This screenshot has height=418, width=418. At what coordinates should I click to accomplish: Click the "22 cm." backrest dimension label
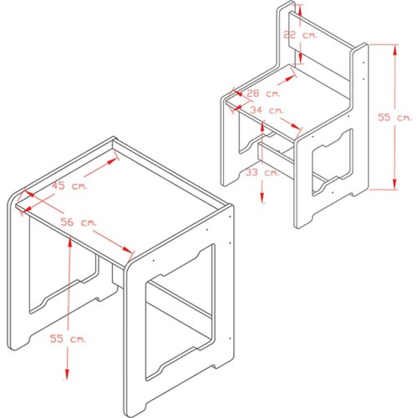pyautogui.click(x=300, y=35)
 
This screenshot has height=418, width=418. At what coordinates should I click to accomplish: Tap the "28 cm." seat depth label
pyautogui.click(x=263, y=93)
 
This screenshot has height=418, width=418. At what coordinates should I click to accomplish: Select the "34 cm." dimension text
pyautogui.click(x=267, y=110)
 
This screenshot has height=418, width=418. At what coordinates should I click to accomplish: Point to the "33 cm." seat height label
pyautogui.click(x=262, y=172)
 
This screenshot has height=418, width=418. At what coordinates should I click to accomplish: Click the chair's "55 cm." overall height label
pyautogui.click(x=395, y=117)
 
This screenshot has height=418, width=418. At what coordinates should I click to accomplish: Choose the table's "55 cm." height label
pyautogui.click(x=68, y=338)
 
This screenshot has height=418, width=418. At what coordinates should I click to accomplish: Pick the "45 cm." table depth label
pyautogui.click(x=69, y=186)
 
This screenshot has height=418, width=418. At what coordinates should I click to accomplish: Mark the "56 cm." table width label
pyautogui.click(x=78, y=222)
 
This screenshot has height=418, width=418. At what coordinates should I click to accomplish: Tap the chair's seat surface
pyautogui.click(x=288, y=101)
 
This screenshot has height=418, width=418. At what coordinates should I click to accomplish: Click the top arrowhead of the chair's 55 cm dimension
pyautogui.click(x=395, y=50)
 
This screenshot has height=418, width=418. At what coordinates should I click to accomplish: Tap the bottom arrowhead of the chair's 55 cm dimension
pyautogui.click(x=395, y=184)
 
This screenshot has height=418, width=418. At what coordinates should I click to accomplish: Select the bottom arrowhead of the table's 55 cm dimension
pyautogui.click(x=67, y=374)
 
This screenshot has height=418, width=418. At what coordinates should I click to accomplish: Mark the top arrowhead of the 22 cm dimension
pyautogui.click(x=300, y=11)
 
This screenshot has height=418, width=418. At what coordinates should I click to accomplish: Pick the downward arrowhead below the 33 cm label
pyautogui.click(x=263, y=197)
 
